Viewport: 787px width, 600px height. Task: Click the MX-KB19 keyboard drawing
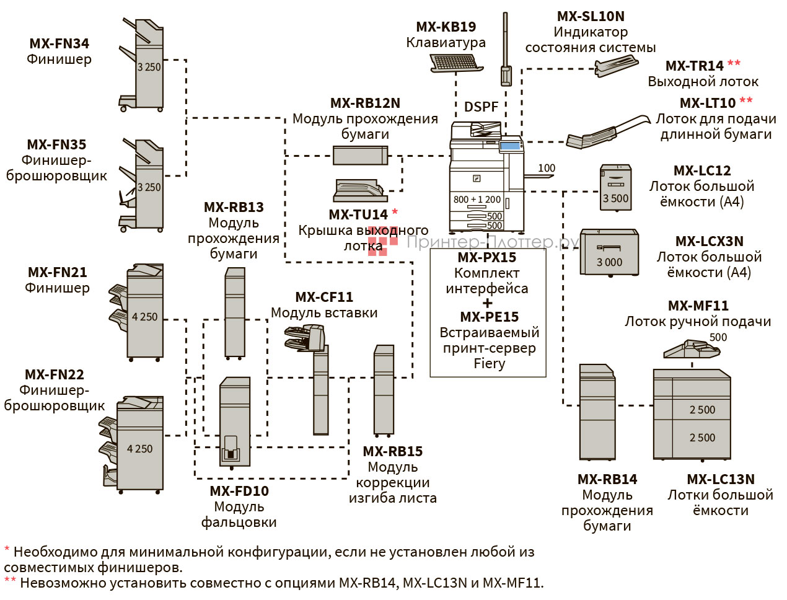(456, 63)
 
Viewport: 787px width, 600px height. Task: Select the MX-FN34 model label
(59, 43)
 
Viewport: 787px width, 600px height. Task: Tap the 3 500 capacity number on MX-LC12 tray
(615, 198)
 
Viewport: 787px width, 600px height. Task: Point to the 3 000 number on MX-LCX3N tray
(609, 262)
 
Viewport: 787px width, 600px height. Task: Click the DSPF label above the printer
(481, 107)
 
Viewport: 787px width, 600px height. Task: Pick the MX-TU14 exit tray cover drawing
(360, 190)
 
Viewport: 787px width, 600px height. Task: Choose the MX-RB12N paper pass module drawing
(360, 155)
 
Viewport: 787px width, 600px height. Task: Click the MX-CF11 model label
(324, 297)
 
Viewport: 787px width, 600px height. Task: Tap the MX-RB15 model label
(393, 451)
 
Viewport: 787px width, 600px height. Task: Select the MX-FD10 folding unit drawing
(235, 421)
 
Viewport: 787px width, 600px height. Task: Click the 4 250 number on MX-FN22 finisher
(139, 449)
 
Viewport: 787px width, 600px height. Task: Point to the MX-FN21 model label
(57, 272)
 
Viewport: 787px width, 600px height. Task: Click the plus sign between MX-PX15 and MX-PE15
(488, 303)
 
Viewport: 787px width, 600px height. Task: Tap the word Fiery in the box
(489, 363)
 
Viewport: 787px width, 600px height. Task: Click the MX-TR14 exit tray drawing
(616, 66)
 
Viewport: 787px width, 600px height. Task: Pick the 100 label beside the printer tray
(547, 168)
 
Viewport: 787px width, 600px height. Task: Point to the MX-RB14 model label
(607, 479)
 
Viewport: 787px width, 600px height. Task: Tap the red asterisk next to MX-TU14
(395, 213)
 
